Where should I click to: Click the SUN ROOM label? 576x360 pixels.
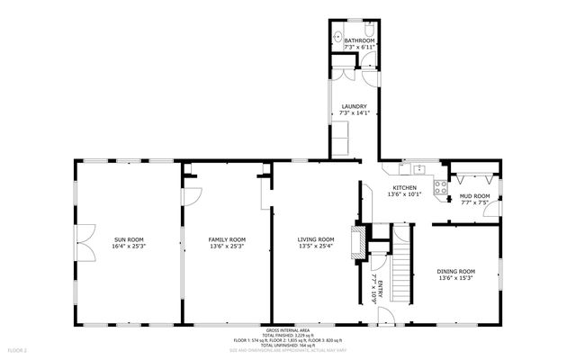point(129,239)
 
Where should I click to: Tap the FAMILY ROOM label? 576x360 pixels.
point(227,239)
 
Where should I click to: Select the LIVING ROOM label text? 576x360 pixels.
point(316,239)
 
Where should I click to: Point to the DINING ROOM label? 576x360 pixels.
point(455,271)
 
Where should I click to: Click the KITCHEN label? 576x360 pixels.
point(403,187)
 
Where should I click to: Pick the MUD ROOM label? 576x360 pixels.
point(474,196)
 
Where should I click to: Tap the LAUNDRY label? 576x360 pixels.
point(354,107)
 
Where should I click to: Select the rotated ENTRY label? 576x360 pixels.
point(380,289)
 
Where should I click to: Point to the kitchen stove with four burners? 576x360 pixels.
point(440,188)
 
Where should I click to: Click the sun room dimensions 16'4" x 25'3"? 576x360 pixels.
point(129,246)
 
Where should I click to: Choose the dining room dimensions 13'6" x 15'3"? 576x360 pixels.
point(455,278)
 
